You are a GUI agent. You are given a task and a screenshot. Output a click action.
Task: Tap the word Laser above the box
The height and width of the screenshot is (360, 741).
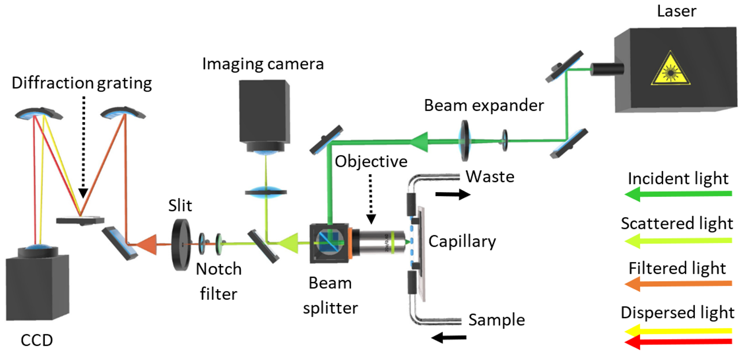pyautogui.click(x=677, y=10)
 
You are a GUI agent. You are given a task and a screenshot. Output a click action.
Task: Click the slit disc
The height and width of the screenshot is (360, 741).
pyautogui.click(x=183, y=245)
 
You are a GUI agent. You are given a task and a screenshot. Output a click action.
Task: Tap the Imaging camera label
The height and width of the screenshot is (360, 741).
pyautogui.click(x=263, y=64)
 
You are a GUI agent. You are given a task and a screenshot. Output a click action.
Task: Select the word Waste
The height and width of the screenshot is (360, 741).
pyautogui.click(x=490, y=176)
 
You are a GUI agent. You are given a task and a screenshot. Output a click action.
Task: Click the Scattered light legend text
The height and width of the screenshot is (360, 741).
pyautogui.click(x=677, y=224)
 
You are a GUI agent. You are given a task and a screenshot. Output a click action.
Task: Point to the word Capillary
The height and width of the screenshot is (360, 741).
pyautogui.click(x=462, y=241)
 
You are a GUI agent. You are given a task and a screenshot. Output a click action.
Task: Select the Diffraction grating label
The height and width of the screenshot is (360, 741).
pyautogui.click(x=82, y=83)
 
